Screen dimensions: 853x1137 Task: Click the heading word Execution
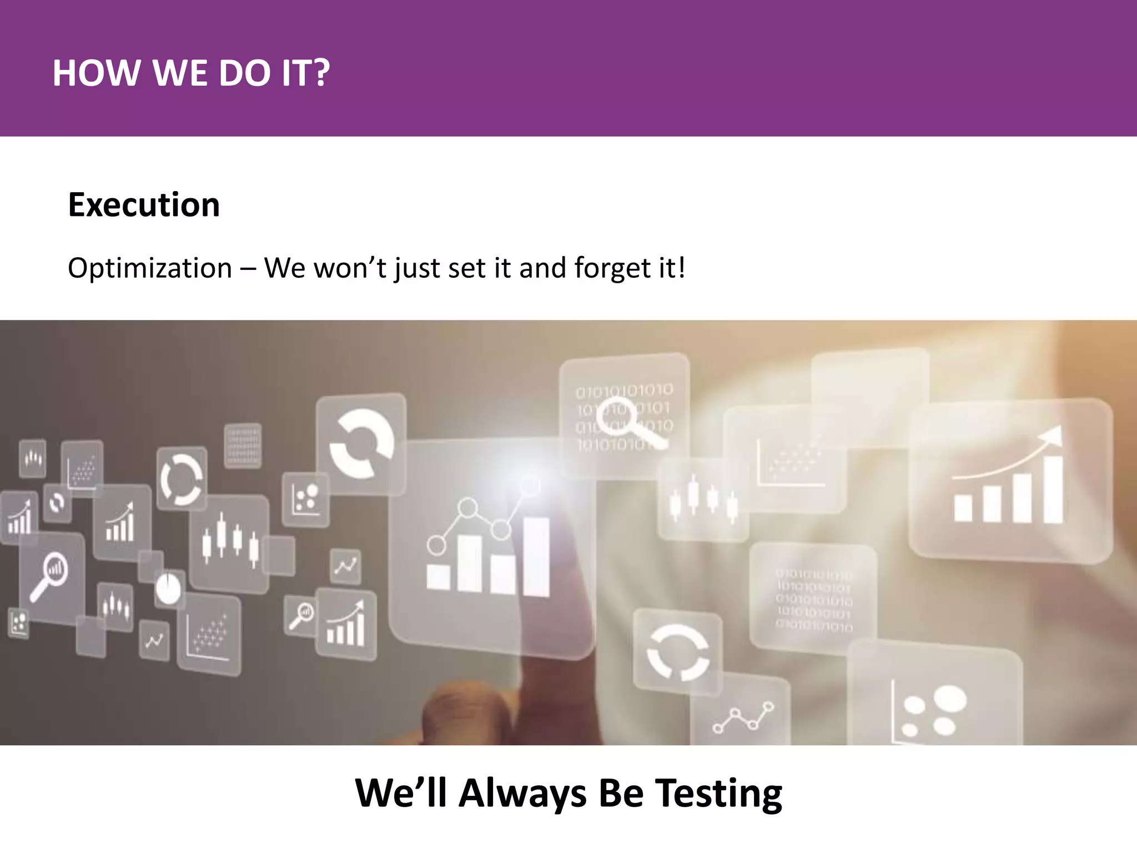[x=144, y=205]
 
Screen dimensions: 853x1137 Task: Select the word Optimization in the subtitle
[x=149, y=268]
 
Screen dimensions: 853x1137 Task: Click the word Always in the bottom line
[x=522, y=792]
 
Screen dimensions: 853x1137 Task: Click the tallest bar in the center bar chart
[x=536, y=556]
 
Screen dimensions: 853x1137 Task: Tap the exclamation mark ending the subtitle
[x=681, y=268]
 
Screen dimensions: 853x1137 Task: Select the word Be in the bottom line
[x=621, y=792]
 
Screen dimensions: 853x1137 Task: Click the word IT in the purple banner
[x=296, y=73]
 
